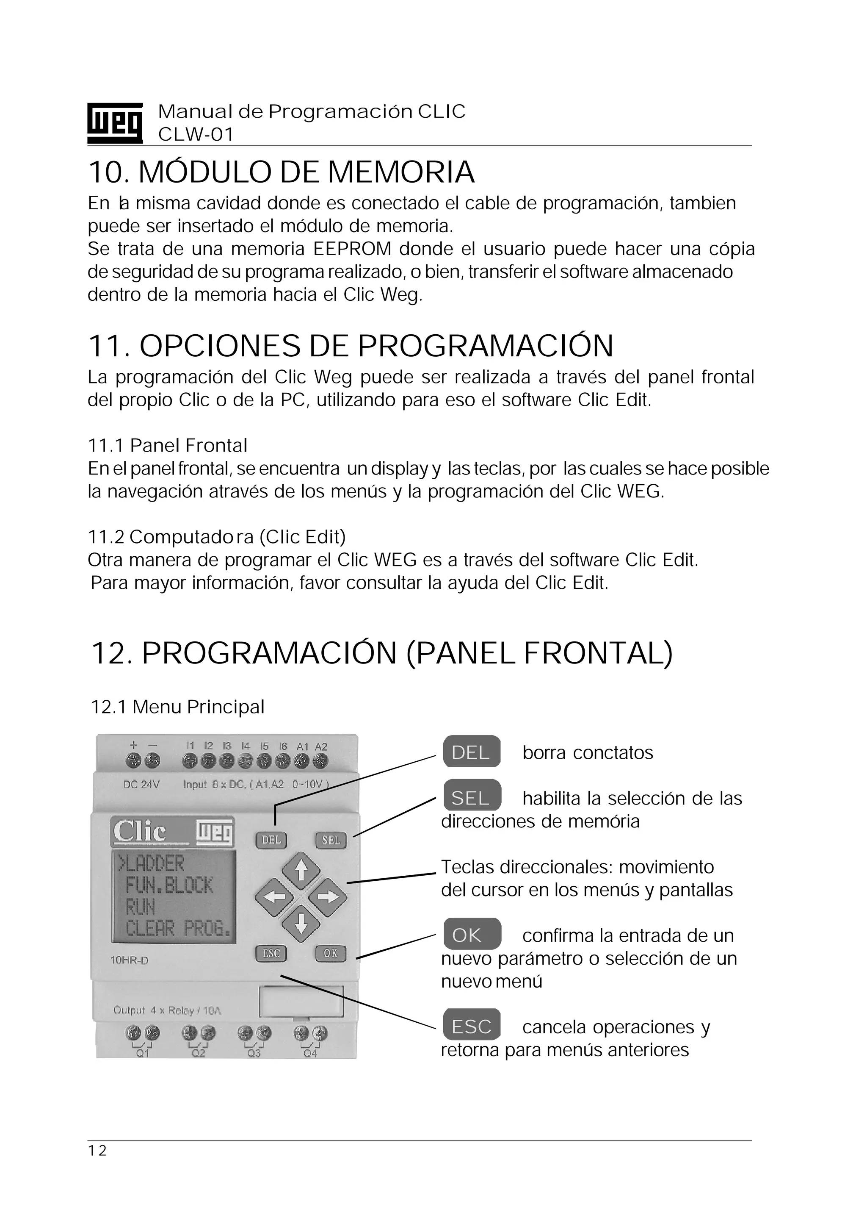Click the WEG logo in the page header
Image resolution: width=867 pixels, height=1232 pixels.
pos(115,123)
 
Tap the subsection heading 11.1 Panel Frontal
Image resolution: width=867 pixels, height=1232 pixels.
pos(167,445)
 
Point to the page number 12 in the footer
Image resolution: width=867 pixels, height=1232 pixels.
pos(98,1150)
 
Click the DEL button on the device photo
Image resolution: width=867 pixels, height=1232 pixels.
pos(272,840)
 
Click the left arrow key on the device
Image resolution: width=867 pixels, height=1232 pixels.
pos(273,896)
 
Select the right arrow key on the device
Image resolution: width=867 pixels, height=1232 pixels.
pos(328,896)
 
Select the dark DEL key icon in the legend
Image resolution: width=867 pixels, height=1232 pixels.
pos(471,752)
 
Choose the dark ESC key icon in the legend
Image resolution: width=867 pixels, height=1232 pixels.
pos(471,1027)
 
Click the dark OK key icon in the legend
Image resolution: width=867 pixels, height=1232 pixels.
pos(471,935)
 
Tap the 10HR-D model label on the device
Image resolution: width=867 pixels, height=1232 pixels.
pos(129,960)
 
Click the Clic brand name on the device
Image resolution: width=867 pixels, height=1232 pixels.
pos(141,832)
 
